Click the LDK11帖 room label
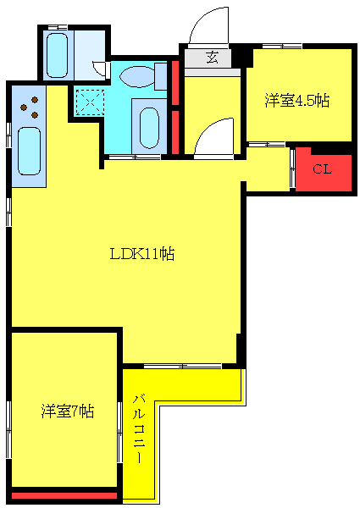[142, 253]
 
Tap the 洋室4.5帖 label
[296, 101]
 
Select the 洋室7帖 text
[68, 411]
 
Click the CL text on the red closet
[321, 168]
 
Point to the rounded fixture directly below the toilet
[150, 128]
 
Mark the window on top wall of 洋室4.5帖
[282, 46]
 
